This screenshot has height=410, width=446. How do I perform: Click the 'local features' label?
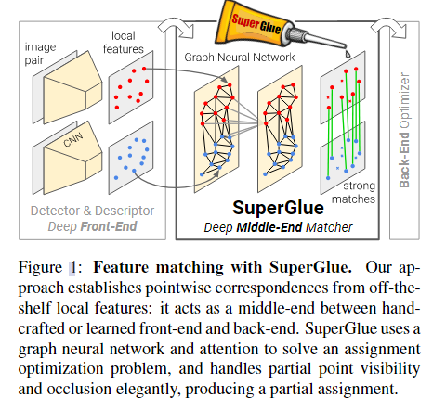pos(127,40)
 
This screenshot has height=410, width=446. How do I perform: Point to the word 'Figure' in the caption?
pos(46,264)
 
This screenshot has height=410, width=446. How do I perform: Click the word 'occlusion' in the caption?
pos(74,391)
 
